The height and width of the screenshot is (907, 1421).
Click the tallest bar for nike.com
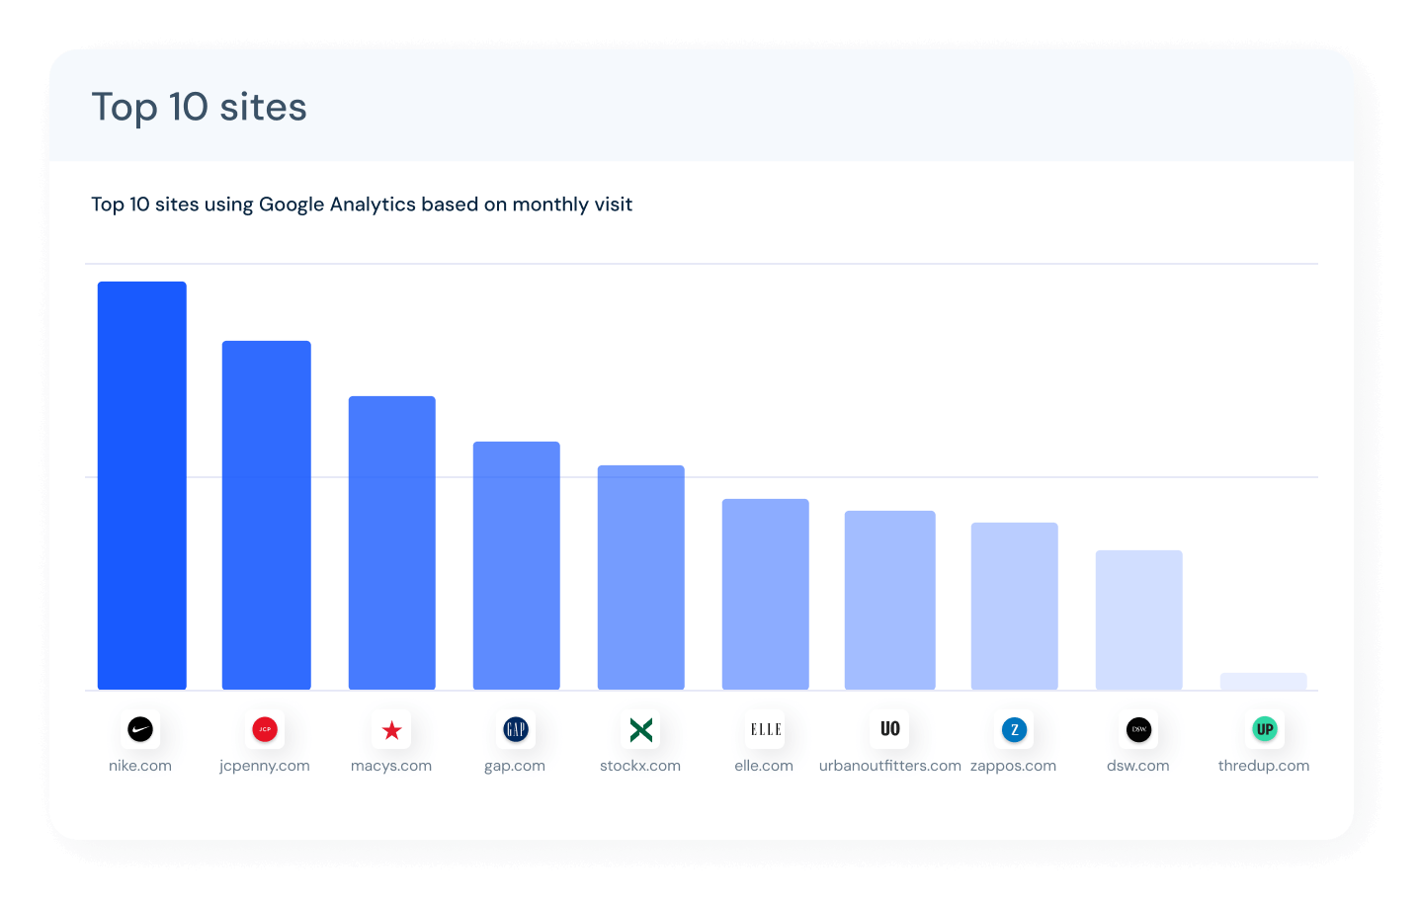(141, 485)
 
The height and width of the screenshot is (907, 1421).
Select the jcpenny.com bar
(266, 515)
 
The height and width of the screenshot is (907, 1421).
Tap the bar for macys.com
(391, 542)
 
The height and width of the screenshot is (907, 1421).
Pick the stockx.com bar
(640, 577)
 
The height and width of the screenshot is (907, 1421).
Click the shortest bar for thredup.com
(1263, 682)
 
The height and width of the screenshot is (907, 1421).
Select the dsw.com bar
(1138, 619)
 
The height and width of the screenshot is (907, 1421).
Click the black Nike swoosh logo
(140, 730)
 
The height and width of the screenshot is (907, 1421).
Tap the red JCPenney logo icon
(265, 730)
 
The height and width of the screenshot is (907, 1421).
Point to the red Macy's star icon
(391, 730)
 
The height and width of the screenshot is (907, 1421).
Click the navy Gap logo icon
(516, 730)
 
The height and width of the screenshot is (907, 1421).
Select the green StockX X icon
(640, 730)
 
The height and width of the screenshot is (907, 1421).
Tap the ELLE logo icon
(765, 730)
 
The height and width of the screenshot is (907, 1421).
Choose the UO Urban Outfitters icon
(889, 729)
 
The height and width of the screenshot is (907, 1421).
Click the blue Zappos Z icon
(1014, 730)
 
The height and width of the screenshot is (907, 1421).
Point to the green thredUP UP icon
(1264, 730)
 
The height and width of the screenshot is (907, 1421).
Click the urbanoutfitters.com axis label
(889, 766)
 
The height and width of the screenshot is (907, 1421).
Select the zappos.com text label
(1013, 766)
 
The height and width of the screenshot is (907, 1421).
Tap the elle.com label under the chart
(764, 766)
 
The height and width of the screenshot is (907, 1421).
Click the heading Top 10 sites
(199, 107)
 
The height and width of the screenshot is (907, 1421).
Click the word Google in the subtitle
(292, 205)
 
